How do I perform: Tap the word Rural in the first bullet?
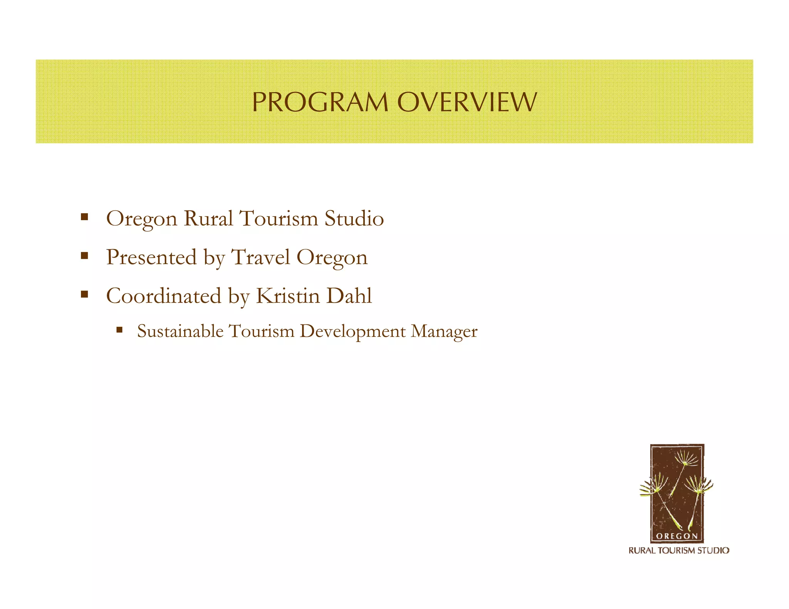(x=208, y=219)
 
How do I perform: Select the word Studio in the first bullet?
(x=354, y=219)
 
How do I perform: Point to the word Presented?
(x=151, y=257)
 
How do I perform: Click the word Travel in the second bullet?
(x=260, y=257)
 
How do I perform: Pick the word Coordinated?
(x=164, y=296)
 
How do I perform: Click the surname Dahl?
(x=349, y=296)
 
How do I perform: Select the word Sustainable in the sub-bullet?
(x=180, y=331)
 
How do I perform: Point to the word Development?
(x=353, y=331)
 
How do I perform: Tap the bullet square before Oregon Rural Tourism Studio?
(x=84, y=217)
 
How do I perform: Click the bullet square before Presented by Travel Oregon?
(x=84, y=256)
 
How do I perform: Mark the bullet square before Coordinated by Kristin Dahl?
(x=84, y=294)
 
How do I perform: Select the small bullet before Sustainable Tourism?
(x=119, y=330)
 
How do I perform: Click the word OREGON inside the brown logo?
(x=677, y=536)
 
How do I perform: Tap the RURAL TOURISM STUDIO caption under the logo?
(x=679, y=550)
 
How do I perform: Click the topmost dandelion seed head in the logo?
(x=687, y=459)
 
